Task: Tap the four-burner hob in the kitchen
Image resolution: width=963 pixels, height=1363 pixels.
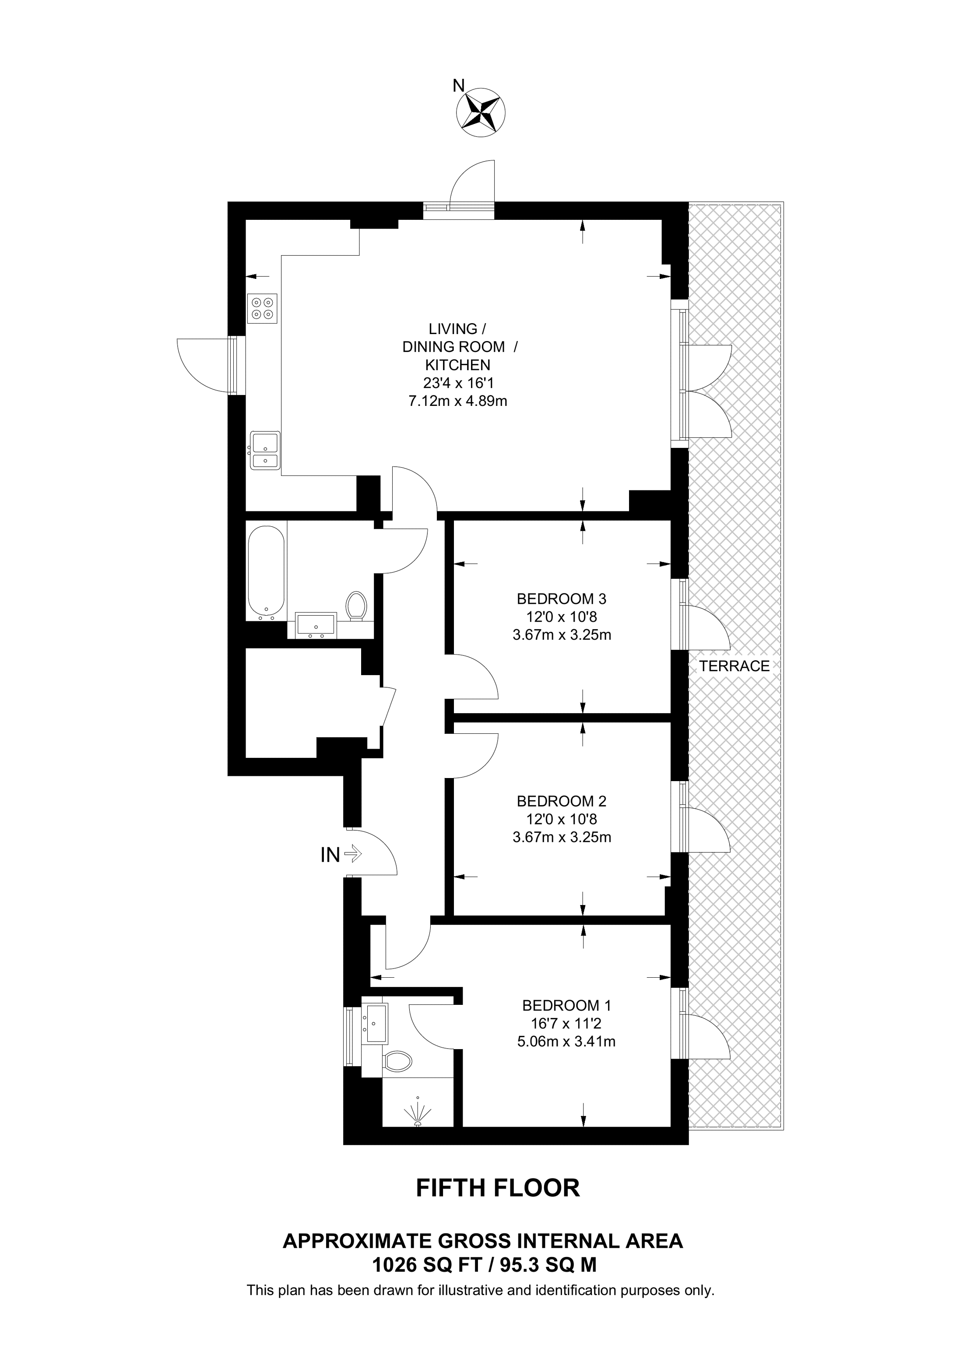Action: [262, 308]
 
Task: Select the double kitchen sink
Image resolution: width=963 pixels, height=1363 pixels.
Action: [265, 450]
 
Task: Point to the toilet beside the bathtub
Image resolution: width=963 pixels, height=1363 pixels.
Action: [357, 606]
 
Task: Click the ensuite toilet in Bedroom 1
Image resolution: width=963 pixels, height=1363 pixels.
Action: [397, 1060]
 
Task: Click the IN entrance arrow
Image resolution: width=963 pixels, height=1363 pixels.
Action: [352, 854]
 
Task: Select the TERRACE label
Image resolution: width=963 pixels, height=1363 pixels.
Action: [734, 666]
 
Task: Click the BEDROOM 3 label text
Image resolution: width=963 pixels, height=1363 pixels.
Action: [561, 599]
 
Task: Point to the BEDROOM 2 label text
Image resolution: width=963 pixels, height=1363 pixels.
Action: [561, 801]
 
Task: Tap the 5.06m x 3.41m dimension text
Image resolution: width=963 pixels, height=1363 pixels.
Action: [566, 1041]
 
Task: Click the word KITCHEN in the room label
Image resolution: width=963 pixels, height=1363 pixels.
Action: [457, 364]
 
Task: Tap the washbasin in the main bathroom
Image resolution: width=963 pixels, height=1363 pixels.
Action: [316, 624]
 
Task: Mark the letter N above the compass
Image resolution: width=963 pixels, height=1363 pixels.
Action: [458, 87]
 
